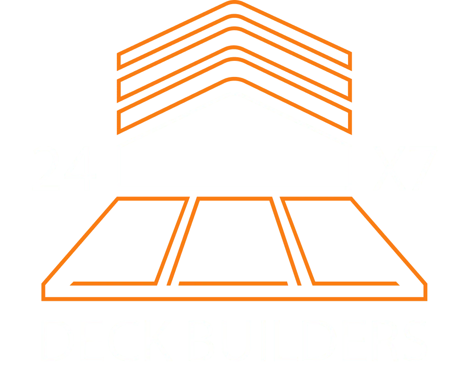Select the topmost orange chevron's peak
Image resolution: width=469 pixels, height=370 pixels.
(234, 2)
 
